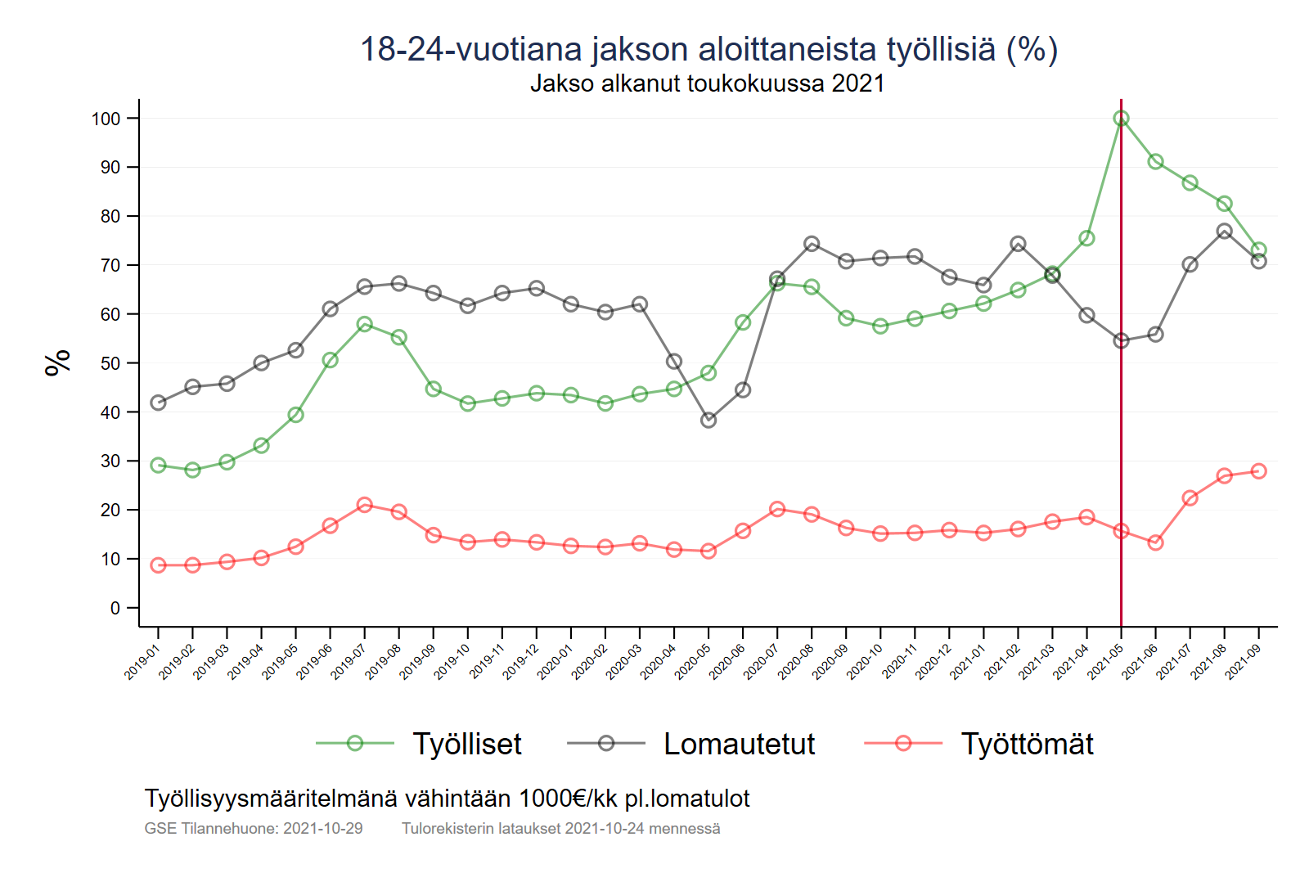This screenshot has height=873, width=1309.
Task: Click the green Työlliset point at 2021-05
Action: tap(1121, 119)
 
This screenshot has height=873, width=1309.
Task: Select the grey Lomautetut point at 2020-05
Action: tap(708, 420)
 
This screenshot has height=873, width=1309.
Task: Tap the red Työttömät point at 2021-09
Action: tap(1258, 471)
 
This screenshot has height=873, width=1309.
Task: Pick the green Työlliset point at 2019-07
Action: tap(365, 324)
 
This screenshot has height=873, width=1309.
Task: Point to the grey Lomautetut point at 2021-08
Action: tap(1224, 232)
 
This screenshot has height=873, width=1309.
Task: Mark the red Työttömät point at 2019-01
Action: tap(159, 565)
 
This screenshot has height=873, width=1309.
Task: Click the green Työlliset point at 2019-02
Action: tap(193, 470)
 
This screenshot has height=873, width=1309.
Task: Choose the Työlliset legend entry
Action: tap(466, 744)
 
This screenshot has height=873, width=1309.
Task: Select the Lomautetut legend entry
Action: tap(739, 744)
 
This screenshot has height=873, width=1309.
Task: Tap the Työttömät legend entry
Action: tap(1027, 744)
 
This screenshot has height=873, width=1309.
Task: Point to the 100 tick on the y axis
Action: tap(106, 119)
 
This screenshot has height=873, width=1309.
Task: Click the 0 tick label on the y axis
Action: tap(115, 608)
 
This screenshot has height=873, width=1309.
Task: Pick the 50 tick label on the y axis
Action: tap(110, 363)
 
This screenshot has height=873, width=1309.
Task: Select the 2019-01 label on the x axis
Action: tap(142, 661)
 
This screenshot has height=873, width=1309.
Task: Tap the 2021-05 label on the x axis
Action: tap(1104, 661)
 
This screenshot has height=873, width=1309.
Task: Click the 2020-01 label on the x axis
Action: tap(555, 661)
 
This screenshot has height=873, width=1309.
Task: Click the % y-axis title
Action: tap(57, 362)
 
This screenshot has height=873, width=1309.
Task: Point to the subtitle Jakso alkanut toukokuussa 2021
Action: tap(708, 83)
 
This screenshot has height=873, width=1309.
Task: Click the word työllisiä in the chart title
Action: tap(941, 49)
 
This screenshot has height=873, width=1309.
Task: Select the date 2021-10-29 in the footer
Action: tap(322, 828)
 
